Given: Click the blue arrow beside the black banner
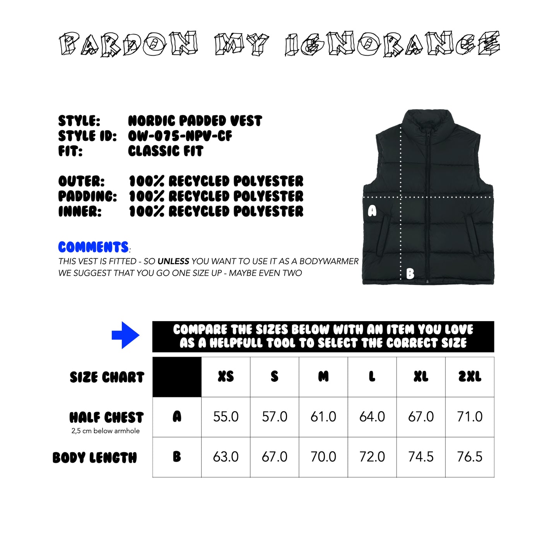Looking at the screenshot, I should tap(125, 335).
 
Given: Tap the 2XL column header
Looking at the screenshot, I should tap(470, 376).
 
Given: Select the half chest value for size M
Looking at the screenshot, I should tap(323, 417).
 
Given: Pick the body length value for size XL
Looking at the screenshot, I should tap(421, 457).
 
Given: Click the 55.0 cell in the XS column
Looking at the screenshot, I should tap(226, 417).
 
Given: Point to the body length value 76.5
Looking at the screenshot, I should tap(470, 457).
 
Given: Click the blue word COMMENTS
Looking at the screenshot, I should tap(93, 247).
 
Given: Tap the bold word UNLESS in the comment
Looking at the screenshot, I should tap(173, 262).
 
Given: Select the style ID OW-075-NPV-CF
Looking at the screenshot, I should tap(180, 136).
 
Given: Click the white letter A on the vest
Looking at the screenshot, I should tap(372, 211).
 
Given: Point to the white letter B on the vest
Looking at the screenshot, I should tap(410, 274).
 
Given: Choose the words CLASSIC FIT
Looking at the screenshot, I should tap(166, 151).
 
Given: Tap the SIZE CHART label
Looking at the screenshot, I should tap(107, 377).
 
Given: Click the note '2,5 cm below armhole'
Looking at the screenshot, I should tap(106, 431).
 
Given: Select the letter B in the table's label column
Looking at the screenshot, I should tap(177, 457).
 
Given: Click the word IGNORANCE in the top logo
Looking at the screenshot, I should tap(392, 44).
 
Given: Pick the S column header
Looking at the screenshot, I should tap(275, 376).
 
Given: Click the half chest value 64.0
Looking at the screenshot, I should tap(372, 417).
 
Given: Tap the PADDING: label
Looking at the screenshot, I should tap(87, 197).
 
